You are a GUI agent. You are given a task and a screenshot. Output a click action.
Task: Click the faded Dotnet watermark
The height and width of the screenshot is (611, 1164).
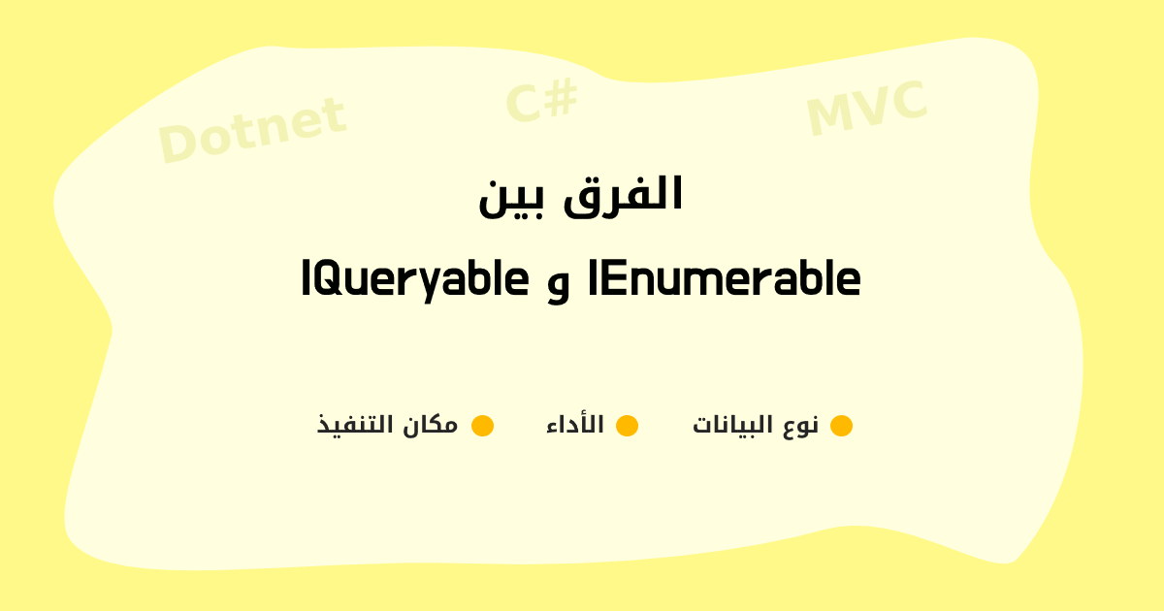click(252, 130)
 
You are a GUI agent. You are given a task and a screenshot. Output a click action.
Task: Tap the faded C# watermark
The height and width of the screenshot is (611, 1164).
click(541, 100)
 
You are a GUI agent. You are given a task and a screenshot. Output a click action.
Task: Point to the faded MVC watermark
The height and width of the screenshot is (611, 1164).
click(867, 108)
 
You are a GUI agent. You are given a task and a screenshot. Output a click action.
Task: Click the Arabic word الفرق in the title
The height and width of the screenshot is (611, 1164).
click(623, 196)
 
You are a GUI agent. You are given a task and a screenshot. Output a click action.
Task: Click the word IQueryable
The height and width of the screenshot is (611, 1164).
click(415, 280)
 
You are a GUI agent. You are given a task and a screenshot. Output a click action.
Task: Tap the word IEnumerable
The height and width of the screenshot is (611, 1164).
click(725, 278)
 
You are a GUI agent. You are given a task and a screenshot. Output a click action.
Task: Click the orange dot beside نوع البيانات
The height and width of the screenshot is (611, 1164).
click(841, 426)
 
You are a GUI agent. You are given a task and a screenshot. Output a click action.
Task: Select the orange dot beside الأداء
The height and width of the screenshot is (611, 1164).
click(628, 426)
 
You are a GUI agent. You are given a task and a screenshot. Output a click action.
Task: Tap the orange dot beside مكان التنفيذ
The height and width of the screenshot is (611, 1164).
click(482, 426)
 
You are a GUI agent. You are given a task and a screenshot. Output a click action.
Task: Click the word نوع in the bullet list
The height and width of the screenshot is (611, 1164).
click(801, 426)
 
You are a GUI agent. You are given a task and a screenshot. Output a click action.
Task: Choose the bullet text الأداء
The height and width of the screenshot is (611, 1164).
click(575, 424)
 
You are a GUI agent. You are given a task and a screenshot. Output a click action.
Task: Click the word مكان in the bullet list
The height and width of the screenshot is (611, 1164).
click(431, 425)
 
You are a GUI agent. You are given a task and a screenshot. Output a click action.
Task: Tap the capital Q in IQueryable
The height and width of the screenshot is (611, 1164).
click(331, 279)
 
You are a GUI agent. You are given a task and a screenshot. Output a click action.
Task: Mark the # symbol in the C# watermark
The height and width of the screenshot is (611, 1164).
click(562, 98)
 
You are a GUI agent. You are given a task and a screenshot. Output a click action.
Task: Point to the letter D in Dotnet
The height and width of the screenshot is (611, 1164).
click(176, 143)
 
